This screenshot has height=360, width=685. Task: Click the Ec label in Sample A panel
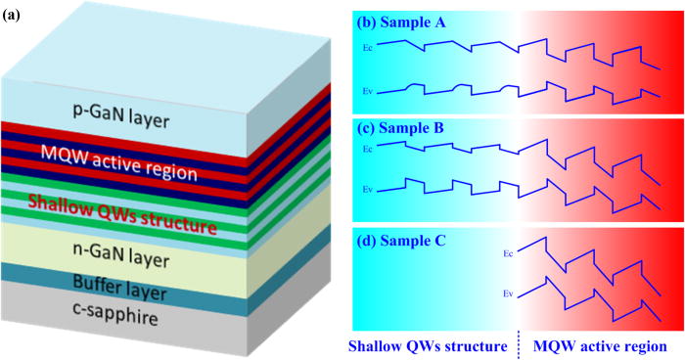[367, 46]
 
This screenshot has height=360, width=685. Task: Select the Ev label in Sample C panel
[505, 291]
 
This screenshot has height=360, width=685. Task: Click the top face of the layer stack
[147, 64]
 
